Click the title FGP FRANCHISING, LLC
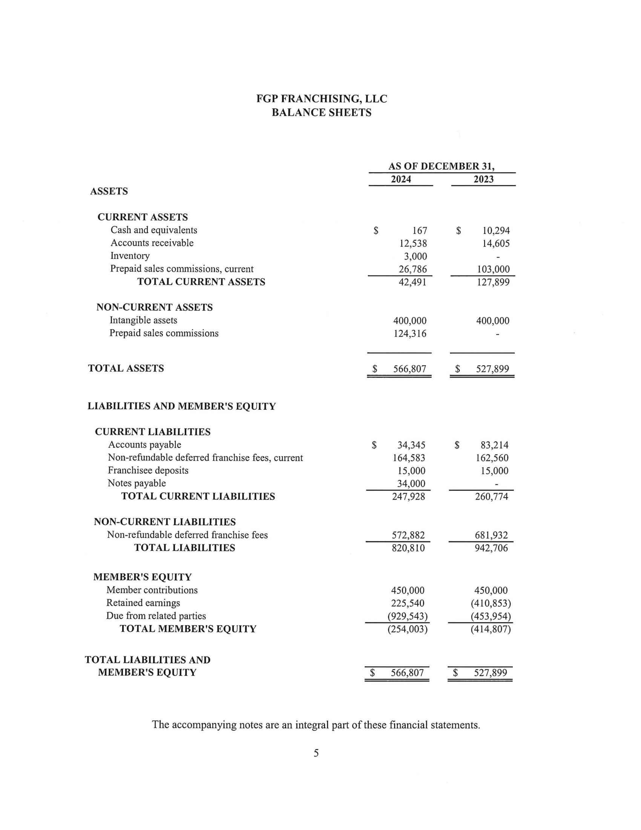(321, 99)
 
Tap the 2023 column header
(483, 179)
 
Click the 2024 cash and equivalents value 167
(420, 231)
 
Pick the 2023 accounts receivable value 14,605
(495, 244)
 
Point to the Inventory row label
(130, 256)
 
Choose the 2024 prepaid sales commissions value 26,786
(413, 269)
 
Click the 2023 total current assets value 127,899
(493, 282)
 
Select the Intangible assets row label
(143, 320)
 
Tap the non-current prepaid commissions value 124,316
(410, 334)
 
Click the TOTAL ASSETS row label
(126, 368)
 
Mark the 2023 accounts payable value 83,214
(494, 445)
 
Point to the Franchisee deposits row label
(148, 470)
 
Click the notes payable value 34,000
(411, 484)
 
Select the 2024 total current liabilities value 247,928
(408, 497)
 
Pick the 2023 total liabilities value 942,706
(491, 548)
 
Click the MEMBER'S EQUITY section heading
(143, 577)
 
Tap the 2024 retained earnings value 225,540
(408, 604)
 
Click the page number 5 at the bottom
(316, 753)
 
